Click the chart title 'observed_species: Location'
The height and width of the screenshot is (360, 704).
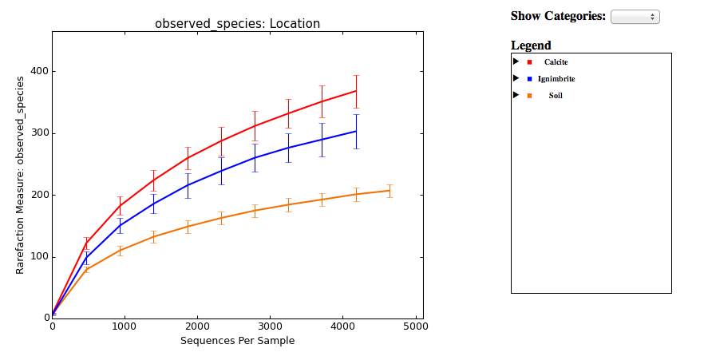[x=237, y=24]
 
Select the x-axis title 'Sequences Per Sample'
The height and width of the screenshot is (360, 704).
[x=237, y=341]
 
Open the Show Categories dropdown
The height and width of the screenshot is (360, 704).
[x=635, y=17]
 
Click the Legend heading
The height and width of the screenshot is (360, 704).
[x=531, y=45]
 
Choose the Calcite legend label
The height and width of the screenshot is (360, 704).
[x=556, y=61]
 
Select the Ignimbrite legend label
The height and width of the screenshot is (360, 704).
[x=556, y=79]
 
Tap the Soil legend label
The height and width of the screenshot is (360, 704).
[x=556, y=96]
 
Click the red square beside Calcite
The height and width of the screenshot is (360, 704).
[x=529, y=61]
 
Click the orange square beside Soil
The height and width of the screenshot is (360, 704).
[x=529, y=96]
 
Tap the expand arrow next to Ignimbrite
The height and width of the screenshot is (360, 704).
[x=516, y=78]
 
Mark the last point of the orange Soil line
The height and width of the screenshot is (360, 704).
[x=390, y=190]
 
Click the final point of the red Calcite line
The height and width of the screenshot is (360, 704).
[x=356, y=91]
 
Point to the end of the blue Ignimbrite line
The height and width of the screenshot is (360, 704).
[x=356, y=131]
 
